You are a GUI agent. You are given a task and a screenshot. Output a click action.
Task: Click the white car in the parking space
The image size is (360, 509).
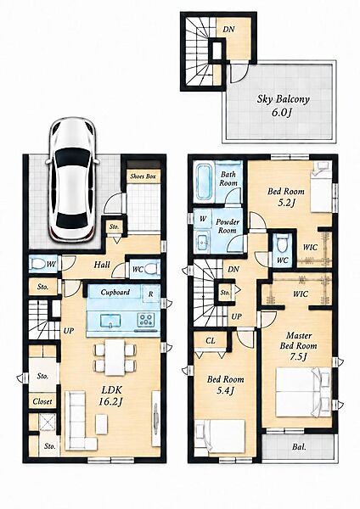72,179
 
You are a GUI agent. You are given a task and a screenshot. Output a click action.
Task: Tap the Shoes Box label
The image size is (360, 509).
143,176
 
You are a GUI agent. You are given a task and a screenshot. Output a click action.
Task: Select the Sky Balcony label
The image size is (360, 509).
283,99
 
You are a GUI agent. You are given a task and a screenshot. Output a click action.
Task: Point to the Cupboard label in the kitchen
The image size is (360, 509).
115,292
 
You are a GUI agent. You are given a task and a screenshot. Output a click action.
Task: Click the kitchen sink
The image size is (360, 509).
110,321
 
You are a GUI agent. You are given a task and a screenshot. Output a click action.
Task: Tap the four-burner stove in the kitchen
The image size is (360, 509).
145,319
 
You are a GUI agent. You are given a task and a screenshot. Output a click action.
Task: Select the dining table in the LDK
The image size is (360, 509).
115,357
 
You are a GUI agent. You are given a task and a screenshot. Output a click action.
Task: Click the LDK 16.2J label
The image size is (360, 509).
111,395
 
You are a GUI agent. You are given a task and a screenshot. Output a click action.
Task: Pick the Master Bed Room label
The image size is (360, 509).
298,340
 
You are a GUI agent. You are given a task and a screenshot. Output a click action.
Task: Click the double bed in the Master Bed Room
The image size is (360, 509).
303,393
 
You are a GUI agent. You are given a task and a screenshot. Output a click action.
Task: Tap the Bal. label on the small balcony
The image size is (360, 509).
299,447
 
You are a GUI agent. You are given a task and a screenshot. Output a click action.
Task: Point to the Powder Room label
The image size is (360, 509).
228,227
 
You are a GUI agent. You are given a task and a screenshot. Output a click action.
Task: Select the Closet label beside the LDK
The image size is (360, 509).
42,401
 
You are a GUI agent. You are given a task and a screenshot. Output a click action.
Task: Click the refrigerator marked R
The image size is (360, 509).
151,294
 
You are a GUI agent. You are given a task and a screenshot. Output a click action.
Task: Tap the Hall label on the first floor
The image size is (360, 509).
102,265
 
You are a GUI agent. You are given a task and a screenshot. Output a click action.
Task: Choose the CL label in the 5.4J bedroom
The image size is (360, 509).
211,340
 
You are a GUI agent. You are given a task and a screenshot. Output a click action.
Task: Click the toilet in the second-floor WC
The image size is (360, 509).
281,243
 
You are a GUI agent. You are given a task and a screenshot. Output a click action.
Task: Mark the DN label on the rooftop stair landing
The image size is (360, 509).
228,29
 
